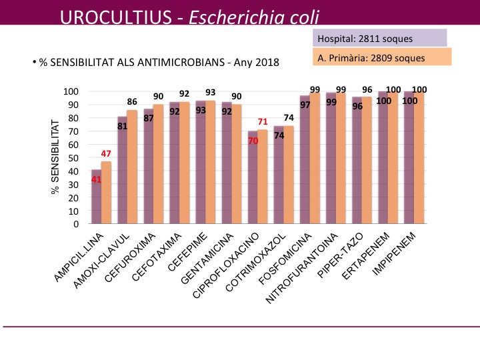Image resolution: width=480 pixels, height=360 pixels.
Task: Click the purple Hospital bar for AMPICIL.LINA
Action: tap(96, 200)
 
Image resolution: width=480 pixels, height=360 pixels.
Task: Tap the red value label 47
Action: tap(105, 155)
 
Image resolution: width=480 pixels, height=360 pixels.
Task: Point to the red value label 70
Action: tap(253, 141)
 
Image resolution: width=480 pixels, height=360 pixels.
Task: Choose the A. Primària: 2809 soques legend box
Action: tap(381, 57)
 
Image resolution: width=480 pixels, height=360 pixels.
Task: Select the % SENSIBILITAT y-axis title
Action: tap(55, 157)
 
